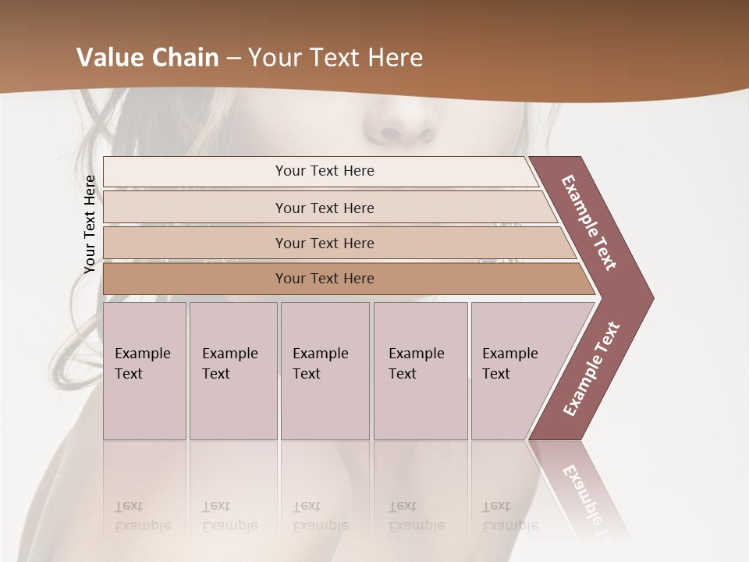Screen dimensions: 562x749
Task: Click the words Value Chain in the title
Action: tap(147, 58)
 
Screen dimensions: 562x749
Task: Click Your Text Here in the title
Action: tap(335, 58)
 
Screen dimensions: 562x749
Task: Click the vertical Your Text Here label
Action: tap(90, 224)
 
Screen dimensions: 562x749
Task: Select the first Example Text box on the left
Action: tap(144, 371)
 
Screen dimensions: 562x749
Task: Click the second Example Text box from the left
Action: tap(233, 371)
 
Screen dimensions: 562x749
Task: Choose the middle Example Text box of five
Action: tap(325, 371)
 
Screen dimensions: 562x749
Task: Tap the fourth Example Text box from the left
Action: tap(420, 371)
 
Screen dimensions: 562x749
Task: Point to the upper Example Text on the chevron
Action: tap(589, 223)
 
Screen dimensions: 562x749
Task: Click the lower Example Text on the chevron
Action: tap(591, 368)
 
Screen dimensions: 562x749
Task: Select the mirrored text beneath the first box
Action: tap(143, 516)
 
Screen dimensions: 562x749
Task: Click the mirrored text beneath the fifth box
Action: tap(510, 516)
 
